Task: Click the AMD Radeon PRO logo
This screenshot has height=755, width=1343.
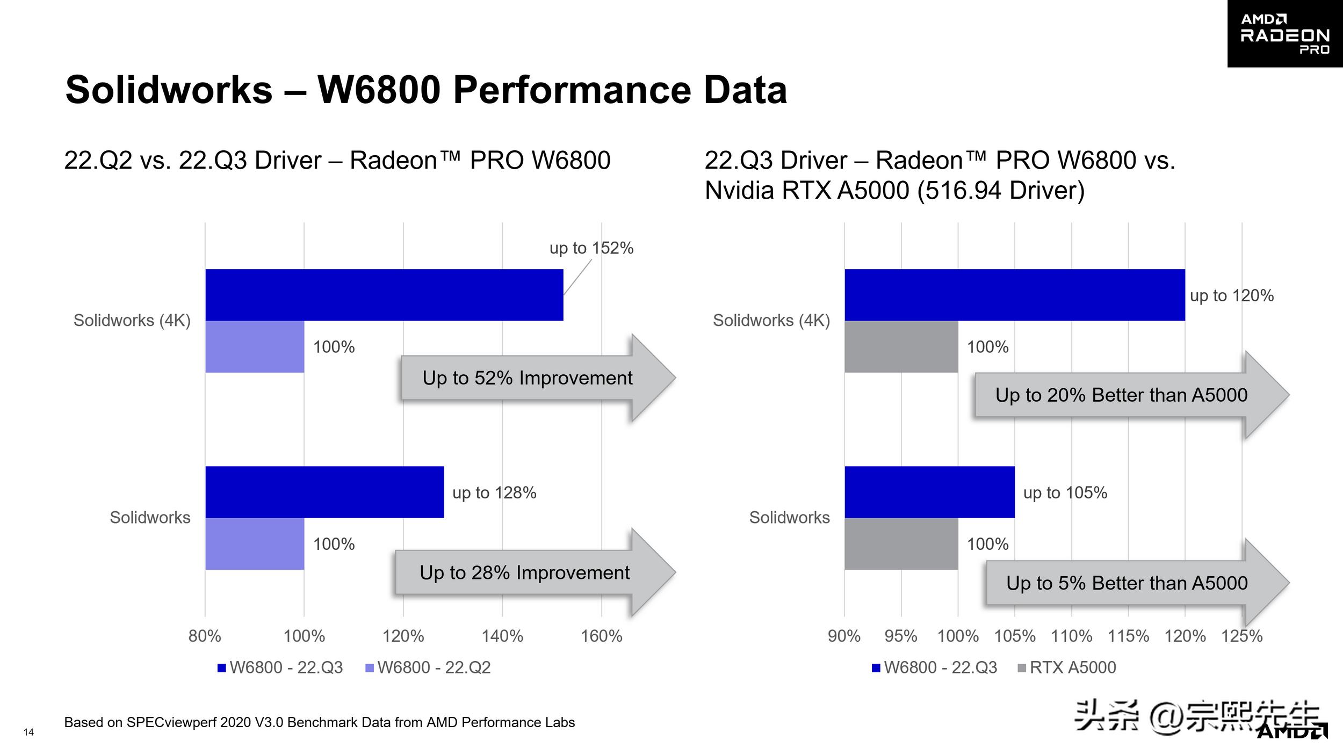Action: point(1284,33)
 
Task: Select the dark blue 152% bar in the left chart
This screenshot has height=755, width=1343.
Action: point(384,295)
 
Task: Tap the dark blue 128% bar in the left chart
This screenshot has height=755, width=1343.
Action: point(324,492)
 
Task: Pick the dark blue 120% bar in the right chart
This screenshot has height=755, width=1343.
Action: point(1014,295)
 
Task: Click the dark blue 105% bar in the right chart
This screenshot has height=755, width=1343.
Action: point(929,492)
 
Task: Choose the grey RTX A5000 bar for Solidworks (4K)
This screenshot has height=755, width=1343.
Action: point(901,346)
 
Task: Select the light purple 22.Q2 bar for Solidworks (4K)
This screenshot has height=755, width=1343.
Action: point(255,346)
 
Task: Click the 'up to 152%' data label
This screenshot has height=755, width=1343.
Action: point(591,248)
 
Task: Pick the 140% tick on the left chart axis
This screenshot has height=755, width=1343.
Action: point(502,636)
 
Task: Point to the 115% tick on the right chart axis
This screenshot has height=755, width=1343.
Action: point(1128,636)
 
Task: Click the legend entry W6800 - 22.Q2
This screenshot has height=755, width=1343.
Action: point(428,667)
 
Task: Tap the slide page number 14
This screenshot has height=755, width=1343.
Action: point(28,732)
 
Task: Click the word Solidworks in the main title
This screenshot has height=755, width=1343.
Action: point(169,90)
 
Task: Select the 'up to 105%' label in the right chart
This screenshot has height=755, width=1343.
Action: point(1065,493)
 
